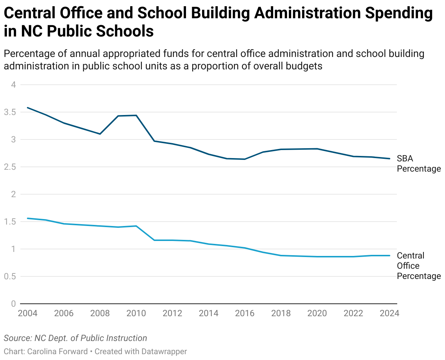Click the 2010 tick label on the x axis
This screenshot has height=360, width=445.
(x=136, y=313)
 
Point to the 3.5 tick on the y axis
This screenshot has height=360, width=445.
(x=10, y=112)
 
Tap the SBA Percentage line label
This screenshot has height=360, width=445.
(x=418, y=164)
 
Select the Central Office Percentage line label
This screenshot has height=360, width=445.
(x=418, y=266)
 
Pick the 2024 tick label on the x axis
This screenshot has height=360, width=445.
(x=390, y=313)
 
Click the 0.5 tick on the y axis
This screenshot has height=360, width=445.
(x=10, y=276)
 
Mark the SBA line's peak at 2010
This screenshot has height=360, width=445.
(x=136, y=115)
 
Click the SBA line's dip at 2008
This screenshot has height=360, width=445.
(x=100, y=134)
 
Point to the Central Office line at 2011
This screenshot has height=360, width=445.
(x=154, y=240)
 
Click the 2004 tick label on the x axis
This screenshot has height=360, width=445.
(x=28, y=313)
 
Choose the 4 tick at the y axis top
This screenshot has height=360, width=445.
(x=13, y=85)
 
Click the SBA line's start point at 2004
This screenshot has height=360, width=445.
(x=28, y=108)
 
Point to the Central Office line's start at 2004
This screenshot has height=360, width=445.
(x=28, y=218)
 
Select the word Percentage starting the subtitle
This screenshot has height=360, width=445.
(x=28, y=54)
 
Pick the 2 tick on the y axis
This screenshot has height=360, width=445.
(x=13, y=194)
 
